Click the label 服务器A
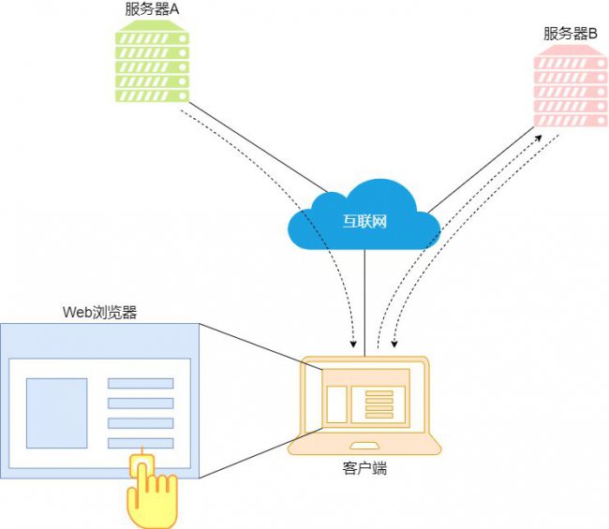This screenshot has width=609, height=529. click(x=152, y=9)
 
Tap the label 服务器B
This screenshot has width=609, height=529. click(x=571, y=34)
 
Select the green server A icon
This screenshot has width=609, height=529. click(x=152, y=61)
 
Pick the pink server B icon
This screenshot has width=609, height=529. click(x=571, y=86)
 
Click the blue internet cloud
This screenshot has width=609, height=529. click(x=364, y=214)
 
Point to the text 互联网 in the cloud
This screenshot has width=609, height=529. click(x=364, y=221)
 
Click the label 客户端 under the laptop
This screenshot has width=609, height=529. click(x=364, y=468)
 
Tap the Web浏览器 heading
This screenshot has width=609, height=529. click(x=100, y=313)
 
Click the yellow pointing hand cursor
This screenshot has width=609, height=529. click(x=152, y=491)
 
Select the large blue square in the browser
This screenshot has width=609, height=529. click(x=57, y=413)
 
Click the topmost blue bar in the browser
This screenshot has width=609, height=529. click(x=141, y=384)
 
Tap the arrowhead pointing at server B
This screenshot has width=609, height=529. click(x=538, y=139)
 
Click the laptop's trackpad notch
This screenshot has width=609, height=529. click(x=364, y=446)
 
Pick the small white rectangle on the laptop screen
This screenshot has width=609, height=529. click(x=336, y=404)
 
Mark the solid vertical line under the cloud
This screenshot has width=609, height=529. click(x=364, y=302)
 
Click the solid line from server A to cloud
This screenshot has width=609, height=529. click(x=258, y=147)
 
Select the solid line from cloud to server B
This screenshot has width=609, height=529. click(x=481, y=170)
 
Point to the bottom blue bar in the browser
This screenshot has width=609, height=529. click(x=141, y=443)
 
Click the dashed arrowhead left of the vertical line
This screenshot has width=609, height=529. click(x=353, y=344)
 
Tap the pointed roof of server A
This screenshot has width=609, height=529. click(x=152, y=26)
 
